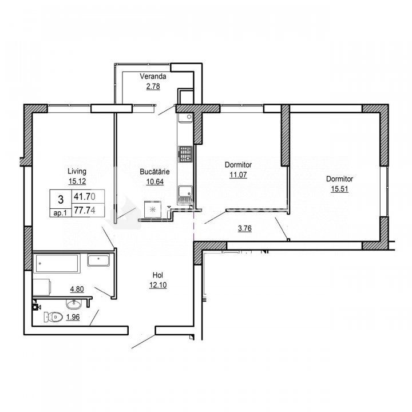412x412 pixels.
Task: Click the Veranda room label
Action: (153, 77)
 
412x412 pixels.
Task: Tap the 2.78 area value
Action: (153, 86)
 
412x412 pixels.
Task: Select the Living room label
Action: (77, 172)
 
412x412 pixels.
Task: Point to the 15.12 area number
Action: (77, 181)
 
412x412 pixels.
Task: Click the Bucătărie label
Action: (154, 172)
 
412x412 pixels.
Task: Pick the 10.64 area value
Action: (155, 181)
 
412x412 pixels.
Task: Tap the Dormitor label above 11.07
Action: (238, 165)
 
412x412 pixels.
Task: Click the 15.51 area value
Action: (340, 189)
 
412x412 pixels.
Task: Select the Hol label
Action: (158, 275)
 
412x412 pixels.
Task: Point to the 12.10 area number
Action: (158, 285)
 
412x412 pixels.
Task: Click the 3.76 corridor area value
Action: (245, 228)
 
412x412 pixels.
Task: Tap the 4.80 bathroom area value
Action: (77, 290)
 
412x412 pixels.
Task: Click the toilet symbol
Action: (53, 317)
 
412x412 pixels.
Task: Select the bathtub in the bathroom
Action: (57, 263)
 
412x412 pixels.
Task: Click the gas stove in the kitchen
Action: (185, 154)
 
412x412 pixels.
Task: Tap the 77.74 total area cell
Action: (88, 210)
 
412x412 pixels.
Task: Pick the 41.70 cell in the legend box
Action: (88, 196)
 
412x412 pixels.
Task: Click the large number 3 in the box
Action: (61, 200)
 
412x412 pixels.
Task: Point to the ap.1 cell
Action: (60, 213)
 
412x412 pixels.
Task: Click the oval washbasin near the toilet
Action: (74, 304)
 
